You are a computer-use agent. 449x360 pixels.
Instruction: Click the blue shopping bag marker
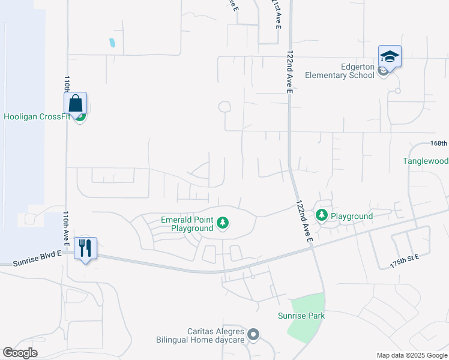(x=76, y=104)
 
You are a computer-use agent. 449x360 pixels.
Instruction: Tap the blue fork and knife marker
(x=85, y=248)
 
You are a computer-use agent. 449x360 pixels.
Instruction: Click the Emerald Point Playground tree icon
(x=223, y=224)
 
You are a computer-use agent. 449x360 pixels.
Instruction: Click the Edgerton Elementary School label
(x=340, y=71)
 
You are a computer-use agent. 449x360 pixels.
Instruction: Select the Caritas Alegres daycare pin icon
(x=253, y=335)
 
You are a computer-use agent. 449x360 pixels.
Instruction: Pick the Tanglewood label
(x=426, y=161)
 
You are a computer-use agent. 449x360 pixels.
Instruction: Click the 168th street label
(x=439, y=143)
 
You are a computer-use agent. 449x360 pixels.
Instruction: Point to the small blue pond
(x=112, y=43)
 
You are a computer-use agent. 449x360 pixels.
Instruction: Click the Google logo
(x=20, y=353)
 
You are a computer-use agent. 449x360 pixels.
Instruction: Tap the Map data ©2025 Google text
(x=412, y=355)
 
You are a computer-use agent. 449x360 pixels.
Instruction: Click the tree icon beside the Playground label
(x=322, y=215)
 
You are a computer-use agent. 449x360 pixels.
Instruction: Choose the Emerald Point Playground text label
(x=187, y=224)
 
